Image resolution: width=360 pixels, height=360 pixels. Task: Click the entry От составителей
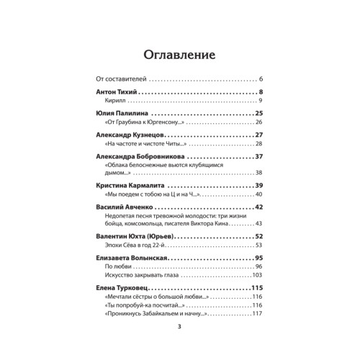point(121,78)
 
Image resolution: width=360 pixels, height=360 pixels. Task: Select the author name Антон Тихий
point(115,93)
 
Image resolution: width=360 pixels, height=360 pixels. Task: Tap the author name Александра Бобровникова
point(140,156)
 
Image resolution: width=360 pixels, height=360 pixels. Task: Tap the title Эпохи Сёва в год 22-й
point(135,246)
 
